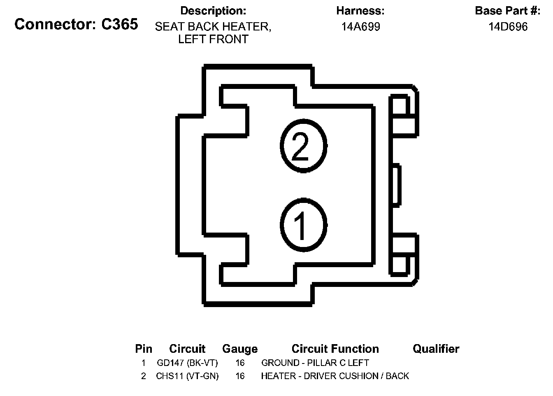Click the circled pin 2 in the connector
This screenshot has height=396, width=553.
tap(304, 145)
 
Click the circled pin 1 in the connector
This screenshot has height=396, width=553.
tap(304, 224)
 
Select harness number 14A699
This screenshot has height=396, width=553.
tap(360, 27)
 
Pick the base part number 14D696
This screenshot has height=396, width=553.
tap(508, 27)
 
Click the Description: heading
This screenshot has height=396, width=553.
tap(213, 11)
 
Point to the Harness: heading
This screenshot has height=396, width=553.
tap(360, 11)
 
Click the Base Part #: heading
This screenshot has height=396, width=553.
tap(508, 11)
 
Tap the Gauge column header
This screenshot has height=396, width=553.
tap(240, 349)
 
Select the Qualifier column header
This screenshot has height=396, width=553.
tap(436, 349)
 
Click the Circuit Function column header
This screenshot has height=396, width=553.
tap(335, 349)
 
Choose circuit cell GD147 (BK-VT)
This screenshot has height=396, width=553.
tap(187, 363)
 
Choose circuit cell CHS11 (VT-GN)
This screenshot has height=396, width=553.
tap(187, 376)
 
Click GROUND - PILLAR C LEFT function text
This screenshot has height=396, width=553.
tap(315, 363)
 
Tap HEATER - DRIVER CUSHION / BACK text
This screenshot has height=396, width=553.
tap(335, 376)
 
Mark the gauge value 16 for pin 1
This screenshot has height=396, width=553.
tap(240, 363)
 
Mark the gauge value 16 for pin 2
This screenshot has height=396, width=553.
tap(240, 376)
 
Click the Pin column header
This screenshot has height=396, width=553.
tap(144, 349)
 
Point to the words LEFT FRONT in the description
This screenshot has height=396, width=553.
tap(213, 40)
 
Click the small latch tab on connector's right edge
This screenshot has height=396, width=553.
tap(395, 184)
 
